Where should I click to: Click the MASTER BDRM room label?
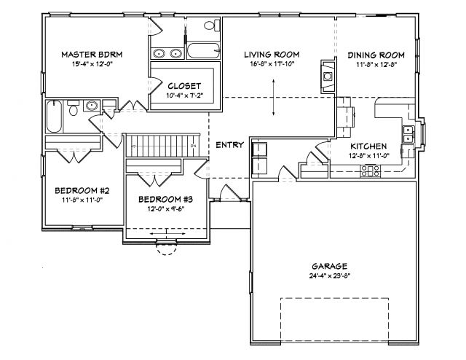[x=92, y=55]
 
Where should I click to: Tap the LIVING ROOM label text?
[x=272, y=55]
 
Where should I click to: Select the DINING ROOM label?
[x=376, y=55]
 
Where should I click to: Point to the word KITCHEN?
[x=368, y=146]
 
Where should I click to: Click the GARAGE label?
[x=329, y=266]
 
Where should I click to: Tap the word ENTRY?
[x=230, y=145]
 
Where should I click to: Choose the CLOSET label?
[x=184, y=86]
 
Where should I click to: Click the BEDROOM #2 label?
[x=82, y=190]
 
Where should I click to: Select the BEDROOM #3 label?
[x=166, y=200]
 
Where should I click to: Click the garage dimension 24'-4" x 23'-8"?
[x=329, y=275]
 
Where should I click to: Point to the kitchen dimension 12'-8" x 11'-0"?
[x=369, y=155]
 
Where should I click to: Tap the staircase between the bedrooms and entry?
[x=162, y=146]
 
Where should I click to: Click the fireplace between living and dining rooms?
[x=328, y=77]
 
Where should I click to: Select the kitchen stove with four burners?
[x=371, y=171]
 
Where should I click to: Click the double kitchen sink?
[x=408, y=135]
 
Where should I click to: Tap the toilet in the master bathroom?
[x=212, y=25]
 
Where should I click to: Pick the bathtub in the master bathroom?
[x=203, y=51]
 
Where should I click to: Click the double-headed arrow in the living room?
[x=274, y=98]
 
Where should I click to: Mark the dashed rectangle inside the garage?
[x=334, y=320]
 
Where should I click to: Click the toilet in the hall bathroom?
[x=73, y=109]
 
